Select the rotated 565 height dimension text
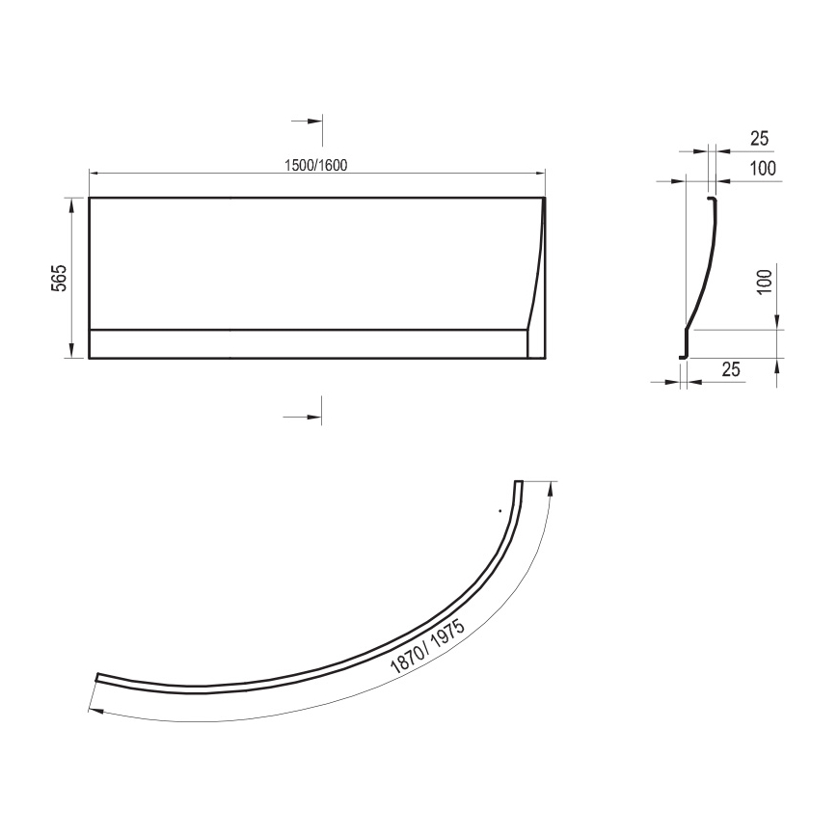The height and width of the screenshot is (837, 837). tap(58, 278)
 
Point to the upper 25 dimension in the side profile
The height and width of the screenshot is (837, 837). tap(733, 139)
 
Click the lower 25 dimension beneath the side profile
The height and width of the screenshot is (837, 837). tap(731, 368)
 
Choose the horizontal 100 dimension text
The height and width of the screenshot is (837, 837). tap(763, 169)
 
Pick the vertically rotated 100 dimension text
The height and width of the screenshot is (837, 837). tap(764, 282)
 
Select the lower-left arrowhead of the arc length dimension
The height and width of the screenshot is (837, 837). tap(92, 709)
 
